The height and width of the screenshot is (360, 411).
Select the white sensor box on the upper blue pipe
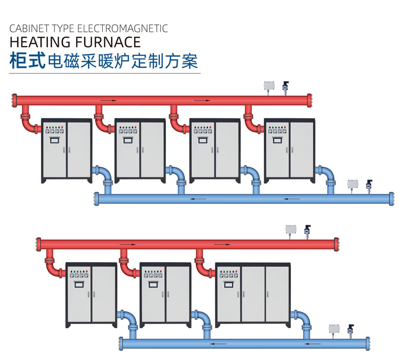click(x=352, y=184)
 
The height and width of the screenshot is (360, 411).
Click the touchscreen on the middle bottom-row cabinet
click(x=153, y=282)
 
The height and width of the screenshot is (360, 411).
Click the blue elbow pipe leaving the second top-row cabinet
click(x=179, y=177)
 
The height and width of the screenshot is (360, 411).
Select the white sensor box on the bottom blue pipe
click(x=334, y=328)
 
